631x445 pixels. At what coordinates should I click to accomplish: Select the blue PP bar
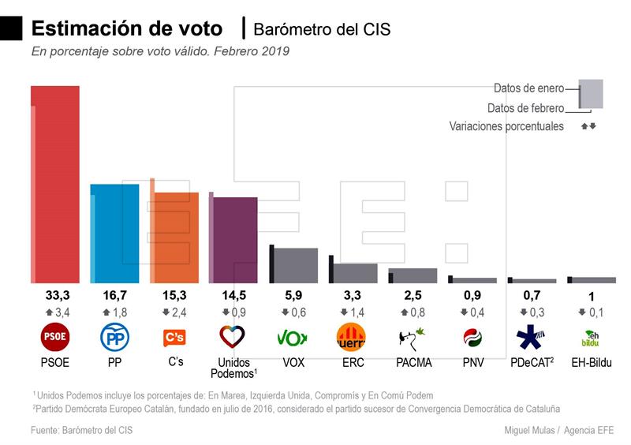click(116, 233)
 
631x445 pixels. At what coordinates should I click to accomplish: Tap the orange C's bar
click(176, 237)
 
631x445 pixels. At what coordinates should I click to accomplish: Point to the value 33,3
click(55, 296)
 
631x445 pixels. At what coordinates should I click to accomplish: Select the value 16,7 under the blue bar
click(114, 296)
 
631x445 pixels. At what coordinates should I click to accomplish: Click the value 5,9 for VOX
click(293, 296)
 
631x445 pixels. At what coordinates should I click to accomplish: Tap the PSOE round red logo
click(55, 338)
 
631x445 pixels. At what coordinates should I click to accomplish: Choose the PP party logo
click(114, 338)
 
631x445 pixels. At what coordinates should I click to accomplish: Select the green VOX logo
click(293, 338)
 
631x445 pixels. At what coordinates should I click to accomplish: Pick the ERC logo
click(352, 338)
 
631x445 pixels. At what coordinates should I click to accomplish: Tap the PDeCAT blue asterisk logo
click(529, 338)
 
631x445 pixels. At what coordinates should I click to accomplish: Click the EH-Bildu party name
click(591, 363)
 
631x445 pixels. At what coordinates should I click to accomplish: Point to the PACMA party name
click(413, 363)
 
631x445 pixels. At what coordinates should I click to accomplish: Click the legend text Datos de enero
click(528, 88)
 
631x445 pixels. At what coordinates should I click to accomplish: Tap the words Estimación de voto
click(126, 28)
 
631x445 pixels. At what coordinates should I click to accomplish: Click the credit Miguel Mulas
click(531, 430)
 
